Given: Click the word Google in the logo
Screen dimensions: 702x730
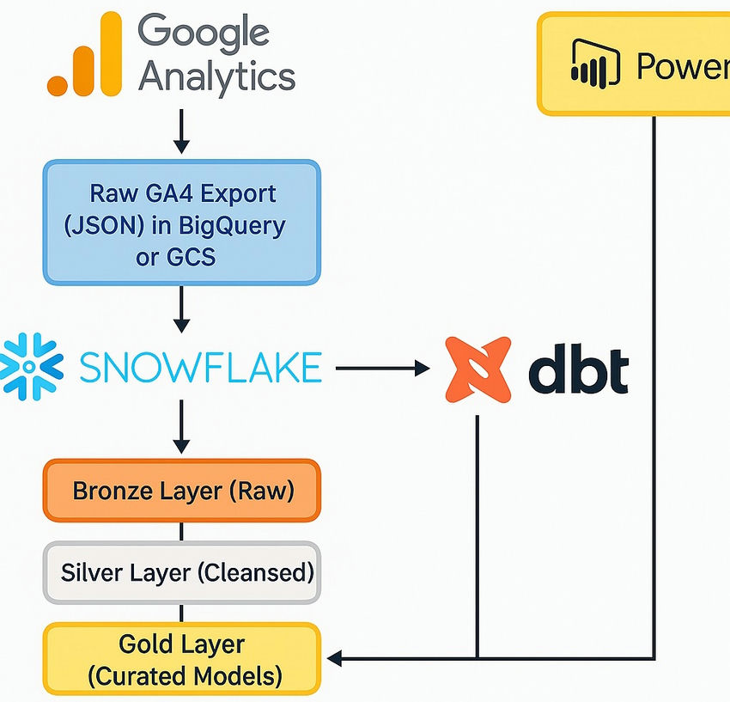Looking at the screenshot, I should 204,33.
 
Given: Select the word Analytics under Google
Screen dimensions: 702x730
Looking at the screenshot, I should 216,77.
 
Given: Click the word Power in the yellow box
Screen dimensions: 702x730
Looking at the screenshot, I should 682,66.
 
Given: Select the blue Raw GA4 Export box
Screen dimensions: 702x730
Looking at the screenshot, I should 181,222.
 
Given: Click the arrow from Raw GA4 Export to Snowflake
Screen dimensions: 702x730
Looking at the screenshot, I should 181,309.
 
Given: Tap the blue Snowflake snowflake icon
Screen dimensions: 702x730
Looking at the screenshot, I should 31,369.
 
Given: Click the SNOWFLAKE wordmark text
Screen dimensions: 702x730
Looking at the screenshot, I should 200,369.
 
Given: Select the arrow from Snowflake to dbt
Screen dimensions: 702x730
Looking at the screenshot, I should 381,369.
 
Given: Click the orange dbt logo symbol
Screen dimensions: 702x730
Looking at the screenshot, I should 478,369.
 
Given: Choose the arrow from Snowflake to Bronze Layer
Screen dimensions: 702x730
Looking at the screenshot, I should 181,430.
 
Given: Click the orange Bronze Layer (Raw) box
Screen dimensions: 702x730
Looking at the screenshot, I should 181,491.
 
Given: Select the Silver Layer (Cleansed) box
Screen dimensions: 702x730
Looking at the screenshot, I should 181,572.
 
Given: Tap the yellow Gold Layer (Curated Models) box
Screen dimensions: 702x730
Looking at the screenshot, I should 181,659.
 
